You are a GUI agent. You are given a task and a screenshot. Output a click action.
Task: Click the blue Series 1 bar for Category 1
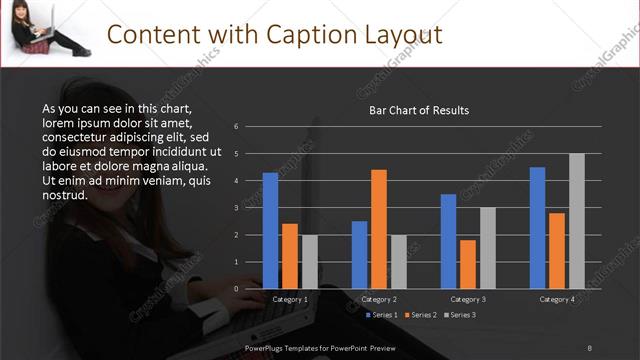click(x=270, y=231)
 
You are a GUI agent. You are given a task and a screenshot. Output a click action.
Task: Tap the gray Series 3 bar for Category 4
click(x=577, y=221)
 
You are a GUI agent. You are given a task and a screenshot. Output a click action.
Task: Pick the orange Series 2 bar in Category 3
click(x=468, y=264)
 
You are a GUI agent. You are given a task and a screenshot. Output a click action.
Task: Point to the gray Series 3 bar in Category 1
click(x=310, y=262)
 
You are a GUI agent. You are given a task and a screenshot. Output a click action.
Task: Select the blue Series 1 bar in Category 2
click(x=359, y=255)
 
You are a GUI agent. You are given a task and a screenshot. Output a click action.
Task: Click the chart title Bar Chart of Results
click(x=419, y=110)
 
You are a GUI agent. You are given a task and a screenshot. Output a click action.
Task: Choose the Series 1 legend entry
click(x=379, y=315)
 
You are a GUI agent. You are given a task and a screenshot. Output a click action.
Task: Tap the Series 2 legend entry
click(x=419, y=315)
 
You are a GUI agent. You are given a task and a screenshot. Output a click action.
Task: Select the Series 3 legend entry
click(x=459, y=315)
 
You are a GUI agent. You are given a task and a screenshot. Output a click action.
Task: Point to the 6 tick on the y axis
click(x=236, y=127)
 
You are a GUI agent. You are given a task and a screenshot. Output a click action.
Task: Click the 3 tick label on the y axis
click(x=236, y=208)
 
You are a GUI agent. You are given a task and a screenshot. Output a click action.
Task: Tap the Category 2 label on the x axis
click(x=379, y=299)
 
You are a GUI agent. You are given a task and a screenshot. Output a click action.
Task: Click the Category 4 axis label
click(x=557, y=299)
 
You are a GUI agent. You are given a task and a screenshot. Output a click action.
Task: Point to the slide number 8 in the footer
click(x=589, y=347)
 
